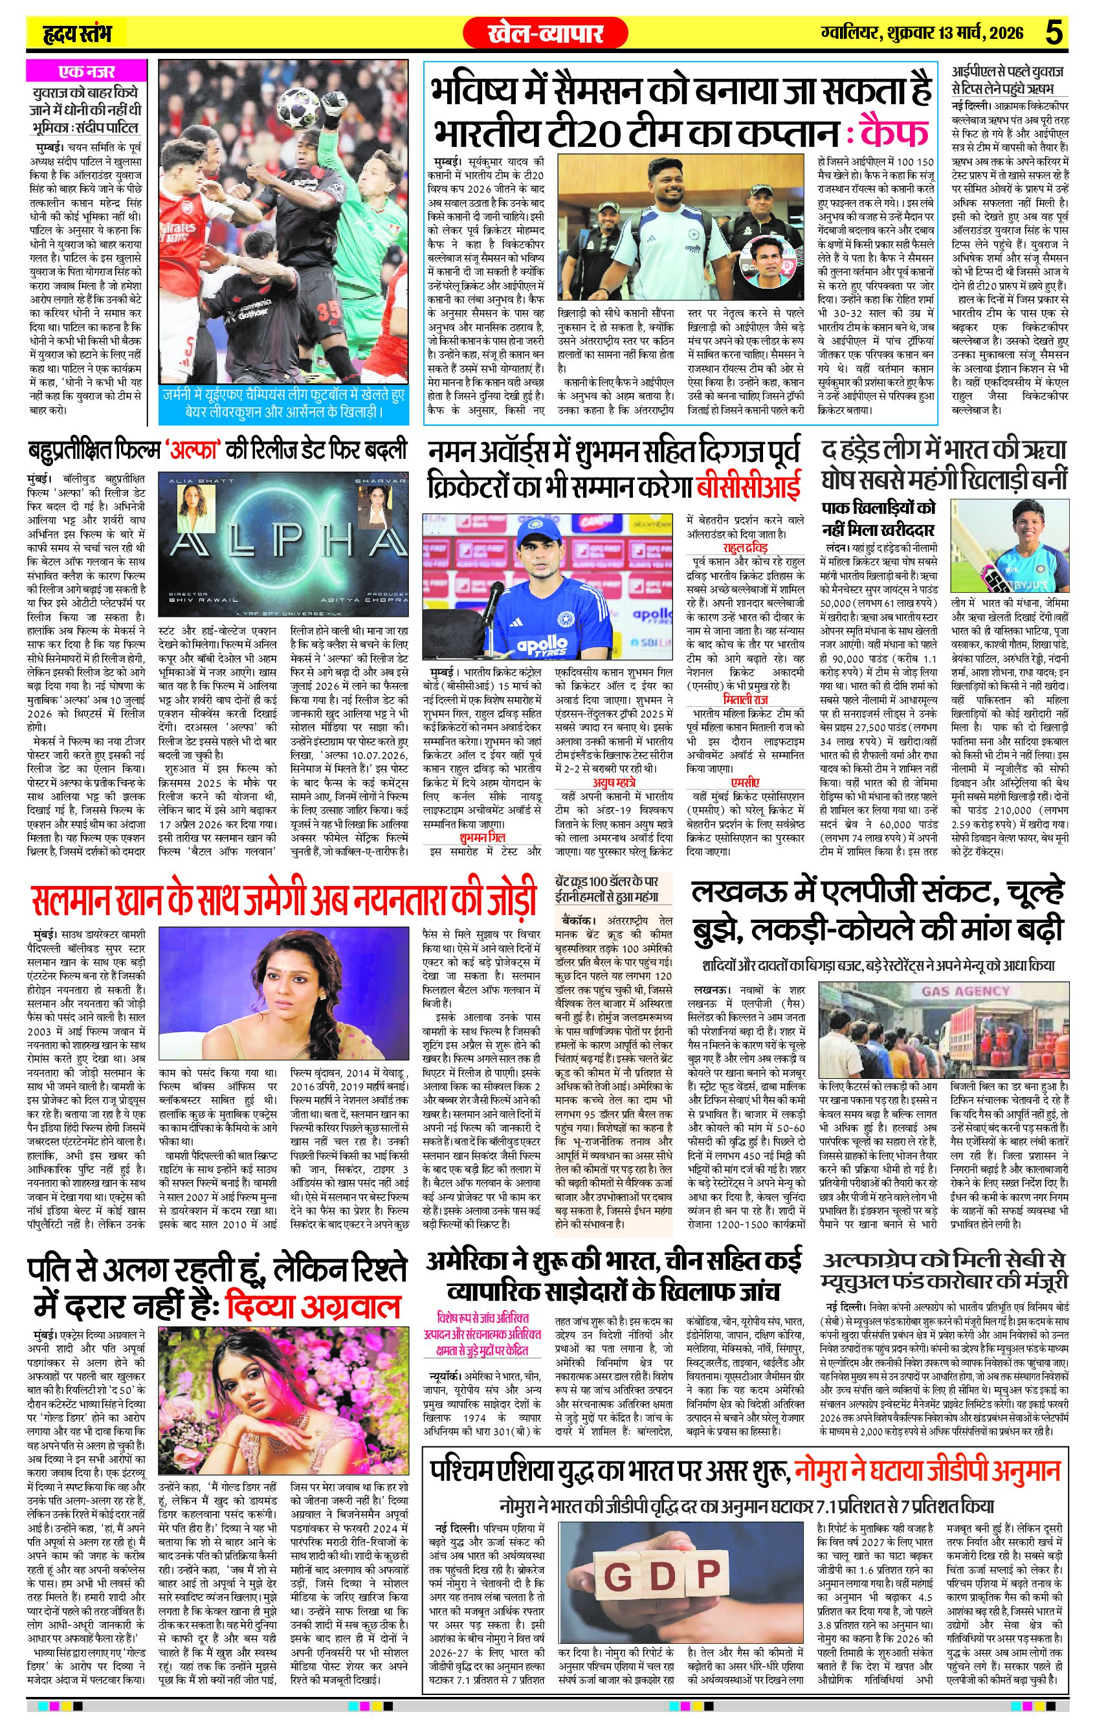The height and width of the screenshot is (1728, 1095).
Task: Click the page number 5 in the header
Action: coord(1054,33)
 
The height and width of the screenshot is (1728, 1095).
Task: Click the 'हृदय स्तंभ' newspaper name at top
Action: coord(75,34)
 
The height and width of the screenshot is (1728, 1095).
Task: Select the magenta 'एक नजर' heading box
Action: coord(86,72)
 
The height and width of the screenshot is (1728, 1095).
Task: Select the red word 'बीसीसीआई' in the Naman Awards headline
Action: coord(747,488)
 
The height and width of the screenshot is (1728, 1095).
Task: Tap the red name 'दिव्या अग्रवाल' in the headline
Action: coord(312,1306)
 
